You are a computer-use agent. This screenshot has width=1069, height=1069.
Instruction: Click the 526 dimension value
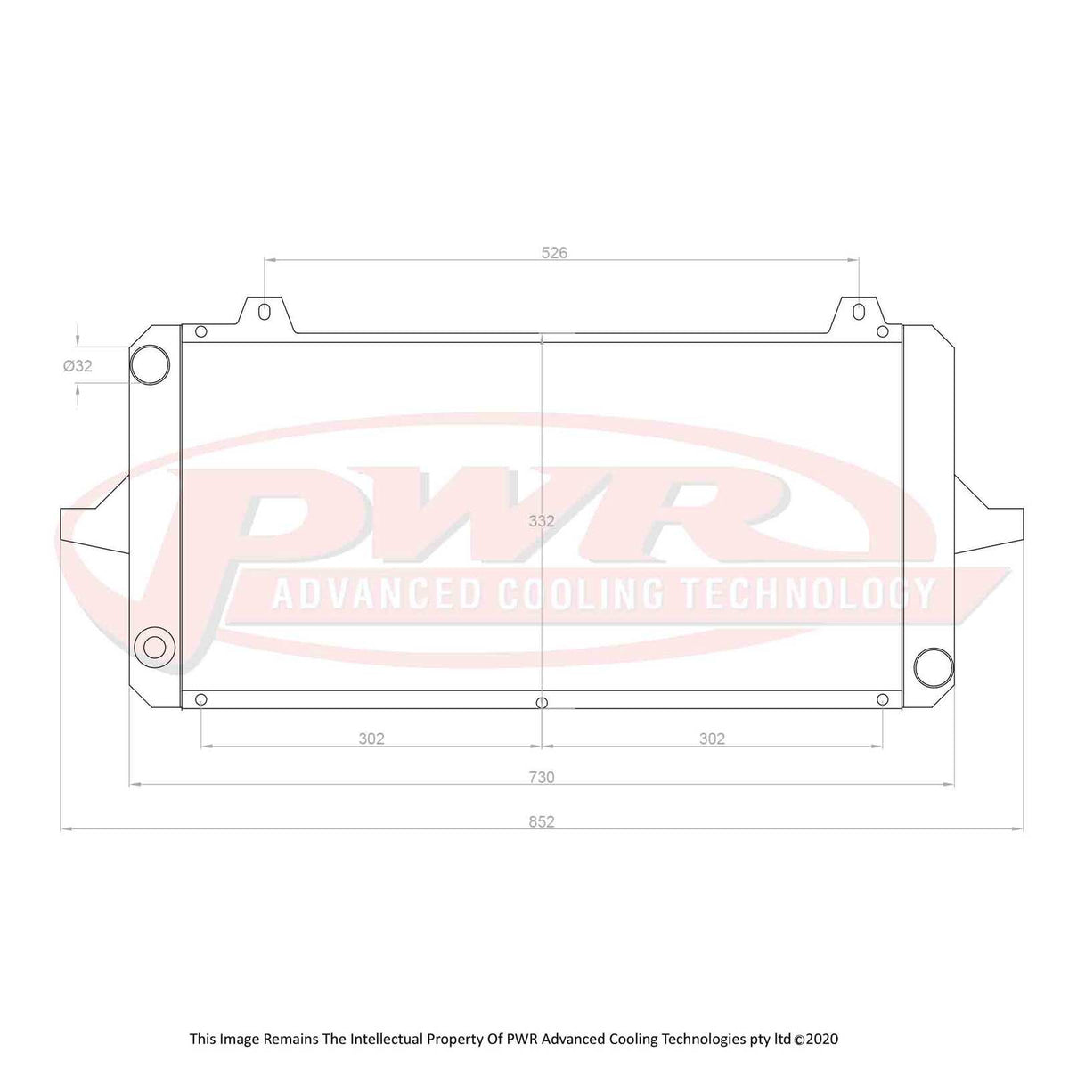554,253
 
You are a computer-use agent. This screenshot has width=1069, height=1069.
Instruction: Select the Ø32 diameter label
78,365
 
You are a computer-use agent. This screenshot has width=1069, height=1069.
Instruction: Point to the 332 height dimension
541,521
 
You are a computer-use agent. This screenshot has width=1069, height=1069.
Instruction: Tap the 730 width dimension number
541,778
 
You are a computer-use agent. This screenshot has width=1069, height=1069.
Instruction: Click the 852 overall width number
541,821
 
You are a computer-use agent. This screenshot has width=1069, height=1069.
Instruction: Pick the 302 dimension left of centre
371,739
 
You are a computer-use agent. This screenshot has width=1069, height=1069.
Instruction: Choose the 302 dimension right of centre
712,739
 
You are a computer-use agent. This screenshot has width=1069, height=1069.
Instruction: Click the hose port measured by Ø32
150,364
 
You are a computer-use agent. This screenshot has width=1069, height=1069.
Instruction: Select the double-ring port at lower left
155,646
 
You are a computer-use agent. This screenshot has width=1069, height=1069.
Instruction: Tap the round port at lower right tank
933,666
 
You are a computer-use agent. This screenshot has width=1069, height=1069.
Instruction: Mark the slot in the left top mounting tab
265,313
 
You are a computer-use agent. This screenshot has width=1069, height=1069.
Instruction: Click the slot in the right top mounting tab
858,313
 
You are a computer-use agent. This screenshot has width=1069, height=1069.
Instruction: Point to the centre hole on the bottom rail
542,702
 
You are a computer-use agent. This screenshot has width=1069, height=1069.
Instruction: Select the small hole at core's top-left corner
200,332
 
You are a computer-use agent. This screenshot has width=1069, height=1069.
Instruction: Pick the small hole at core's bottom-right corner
883,699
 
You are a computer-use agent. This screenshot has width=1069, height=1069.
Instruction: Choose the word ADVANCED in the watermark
376,593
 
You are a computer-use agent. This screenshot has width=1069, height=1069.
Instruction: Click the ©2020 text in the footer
816,1039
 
